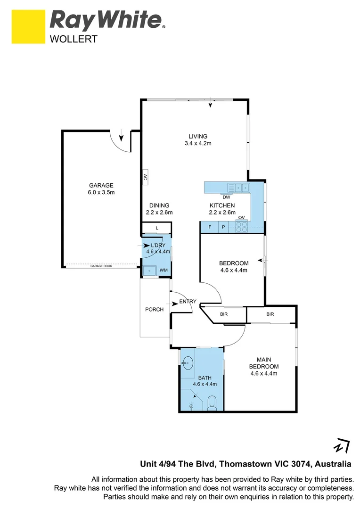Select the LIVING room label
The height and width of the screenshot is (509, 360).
point(198,137)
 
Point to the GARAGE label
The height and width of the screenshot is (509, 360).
point(102,185)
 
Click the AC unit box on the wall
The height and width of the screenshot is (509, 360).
point(145,177)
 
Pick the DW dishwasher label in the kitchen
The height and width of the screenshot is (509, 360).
point(226,197)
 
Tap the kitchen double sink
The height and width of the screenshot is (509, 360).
point(242,188)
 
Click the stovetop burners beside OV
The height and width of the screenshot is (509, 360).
point(241,227)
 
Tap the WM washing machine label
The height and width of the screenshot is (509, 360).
point(164,270)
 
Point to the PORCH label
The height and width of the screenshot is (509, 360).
point(154,310)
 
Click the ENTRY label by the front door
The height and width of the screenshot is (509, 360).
point(188,302)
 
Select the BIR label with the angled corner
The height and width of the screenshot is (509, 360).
point(224,314)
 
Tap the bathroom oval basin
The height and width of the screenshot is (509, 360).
point(188,362)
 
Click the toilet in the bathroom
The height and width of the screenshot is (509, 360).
point(212,402)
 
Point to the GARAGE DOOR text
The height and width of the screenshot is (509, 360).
point(101,266)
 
